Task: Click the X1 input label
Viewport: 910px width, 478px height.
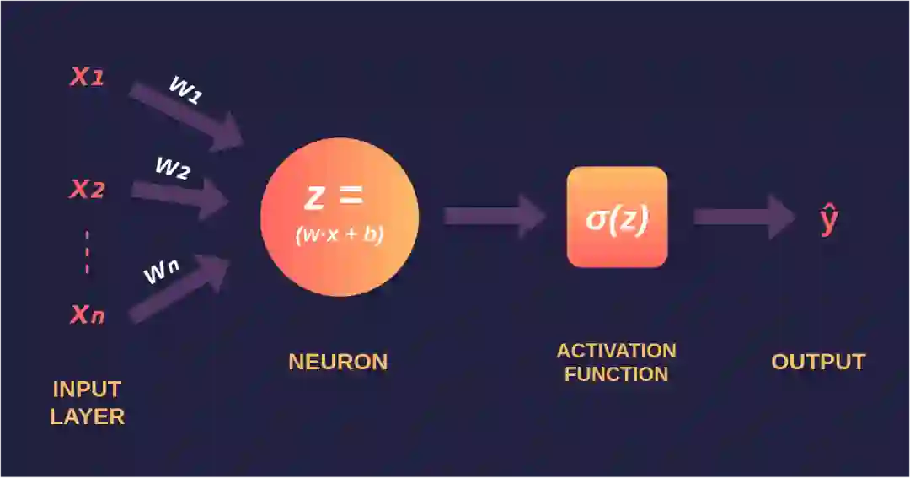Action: pos(87,78)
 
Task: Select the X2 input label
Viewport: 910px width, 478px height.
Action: pos(87,190)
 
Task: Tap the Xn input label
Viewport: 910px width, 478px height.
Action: pos(87,315)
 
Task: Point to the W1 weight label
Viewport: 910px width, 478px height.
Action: pos(185,89)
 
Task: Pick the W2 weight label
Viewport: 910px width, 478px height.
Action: pos(172,167)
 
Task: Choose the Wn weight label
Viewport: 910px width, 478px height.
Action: pos(161,271)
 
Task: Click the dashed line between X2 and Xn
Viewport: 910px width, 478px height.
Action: pos(87,251)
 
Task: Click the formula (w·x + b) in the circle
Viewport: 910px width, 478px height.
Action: pos(339,235)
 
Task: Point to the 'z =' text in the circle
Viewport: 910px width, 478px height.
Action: pos(334,197)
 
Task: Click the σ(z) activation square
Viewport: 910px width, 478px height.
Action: pos(617,218)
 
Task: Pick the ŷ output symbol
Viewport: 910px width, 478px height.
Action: pos(829,219)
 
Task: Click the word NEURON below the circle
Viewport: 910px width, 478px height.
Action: pos(338,362)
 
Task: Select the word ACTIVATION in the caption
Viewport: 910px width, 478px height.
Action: pos(617,351)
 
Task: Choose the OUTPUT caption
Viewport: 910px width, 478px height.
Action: pos(818,362)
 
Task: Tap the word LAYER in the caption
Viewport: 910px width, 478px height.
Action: pos(87,416)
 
